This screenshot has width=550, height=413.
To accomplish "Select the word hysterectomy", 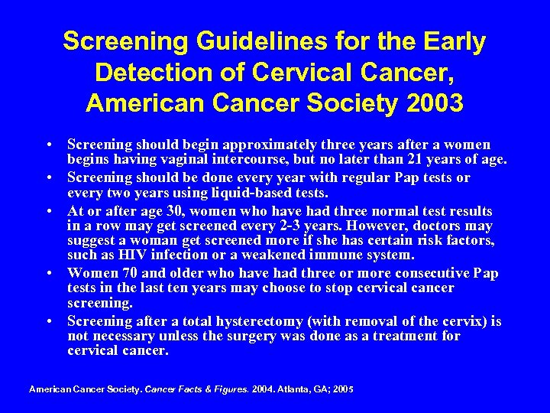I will (252, 321).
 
